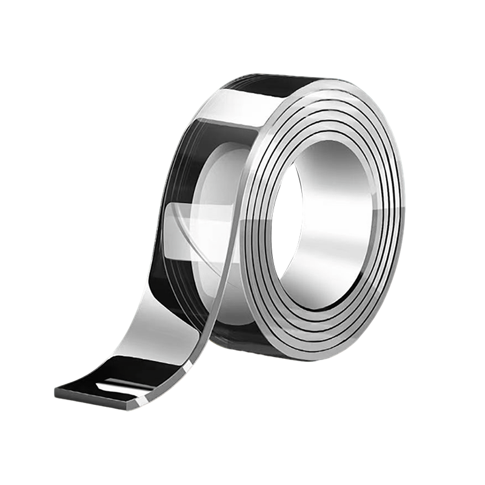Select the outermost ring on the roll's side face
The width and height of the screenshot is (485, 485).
[x=397, y=200]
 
